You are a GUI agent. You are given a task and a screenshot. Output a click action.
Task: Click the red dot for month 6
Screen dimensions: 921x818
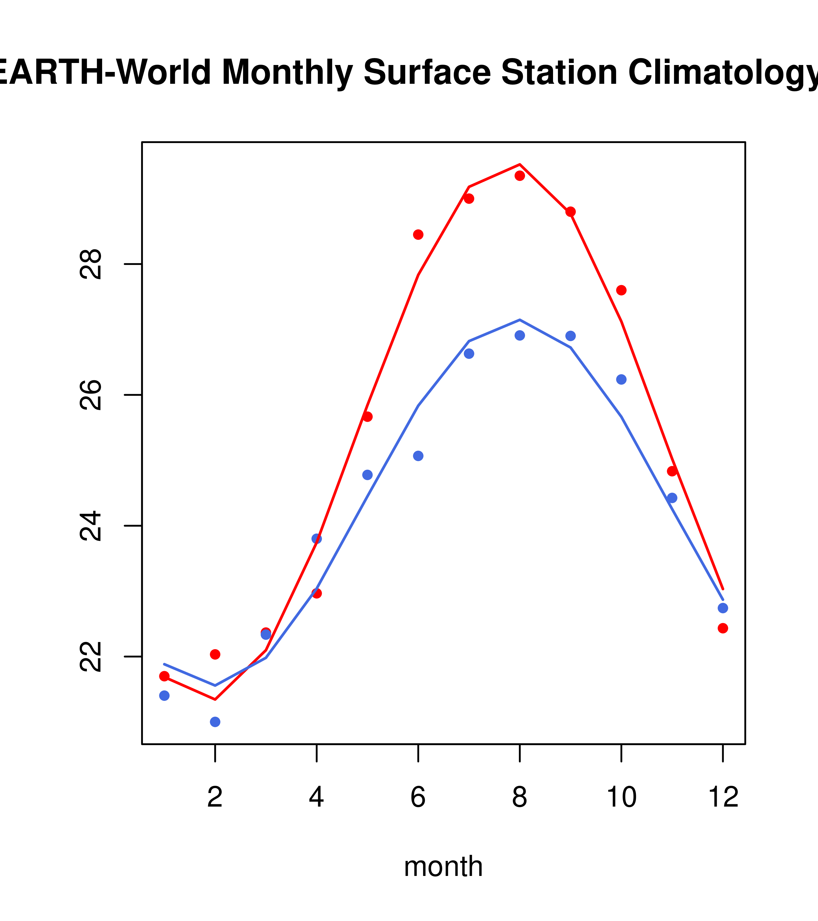(x=418, y=234)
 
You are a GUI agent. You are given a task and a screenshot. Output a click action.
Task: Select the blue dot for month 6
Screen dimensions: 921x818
(x=418, y=456)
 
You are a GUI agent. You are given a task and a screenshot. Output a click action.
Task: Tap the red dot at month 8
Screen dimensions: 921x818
(x=520, y=175)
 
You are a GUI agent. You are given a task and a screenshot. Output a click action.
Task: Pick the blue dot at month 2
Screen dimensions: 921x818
(x=215, y=722)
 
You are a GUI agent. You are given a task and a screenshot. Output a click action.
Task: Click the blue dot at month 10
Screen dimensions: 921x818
(x=621, y=379)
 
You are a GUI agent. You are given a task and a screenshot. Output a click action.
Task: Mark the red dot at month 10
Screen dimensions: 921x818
(x=621, y=290)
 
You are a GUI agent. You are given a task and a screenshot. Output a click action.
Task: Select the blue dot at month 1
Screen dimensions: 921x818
(x=164, y=696)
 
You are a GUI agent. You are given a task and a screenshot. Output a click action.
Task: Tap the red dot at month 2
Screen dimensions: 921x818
(x=215, y=654)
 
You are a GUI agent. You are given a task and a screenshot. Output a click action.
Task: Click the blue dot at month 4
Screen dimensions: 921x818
(x=316, y=539)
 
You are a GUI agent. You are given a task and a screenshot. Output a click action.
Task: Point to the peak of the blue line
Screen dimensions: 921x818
(x=520, y=320)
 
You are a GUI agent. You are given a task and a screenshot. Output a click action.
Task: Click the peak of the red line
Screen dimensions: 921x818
(x=520, y=164)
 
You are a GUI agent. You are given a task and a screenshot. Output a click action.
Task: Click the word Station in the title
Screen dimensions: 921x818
(x=559, y=72)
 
